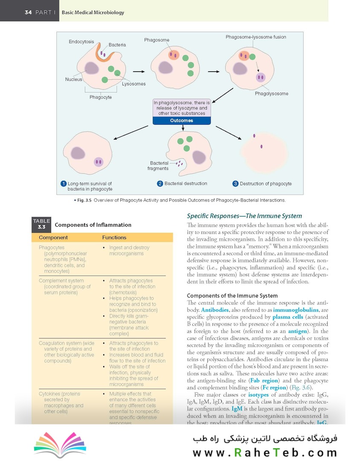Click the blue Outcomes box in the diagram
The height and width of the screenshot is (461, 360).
[182, 121]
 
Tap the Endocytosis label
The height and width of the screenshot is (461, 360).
[81, 42]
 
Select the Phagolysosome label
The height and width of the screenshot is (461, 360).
[272, 93]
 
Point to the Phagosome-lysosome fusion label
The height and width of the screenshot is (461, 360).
[256, 37]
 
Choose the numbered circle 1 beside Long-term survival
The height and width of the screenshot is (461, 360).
[63, 184]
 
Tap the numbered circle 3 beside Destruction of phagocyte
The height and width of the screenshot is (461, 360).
[235, 184]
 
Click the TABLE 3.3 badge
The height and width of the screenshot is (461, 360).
[41, 224]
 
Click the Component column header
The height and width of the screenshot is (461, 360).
[53, 237]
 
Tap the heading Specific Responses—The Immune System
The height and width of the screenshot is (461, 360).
[244, 216]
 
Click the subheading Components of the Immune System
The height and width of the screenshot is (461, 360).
[232, 295]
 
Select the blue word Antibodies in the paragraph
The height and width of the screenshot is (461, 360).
[215, 309]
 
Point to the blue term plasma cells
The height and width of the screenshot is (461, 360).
[287, 317]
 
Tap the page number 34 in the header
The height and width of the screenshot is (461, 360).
[28, 12]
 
